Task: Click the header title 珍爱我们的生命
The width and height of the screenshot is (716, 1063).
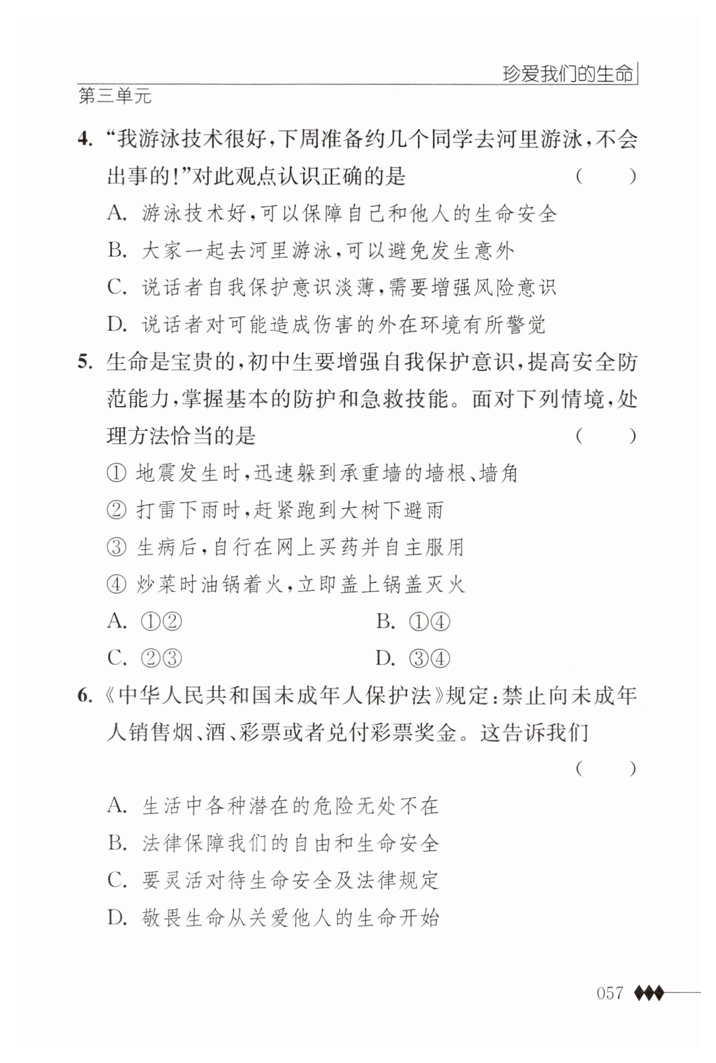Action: point(568,74)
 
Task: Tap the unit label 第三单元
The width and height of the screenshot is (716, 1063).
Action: point(115,97)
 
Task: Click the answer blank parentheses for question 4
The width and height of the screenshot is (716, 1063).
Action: point(606,177)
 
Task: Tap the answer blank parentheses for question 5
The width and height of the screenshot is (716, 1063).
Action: point(606,437)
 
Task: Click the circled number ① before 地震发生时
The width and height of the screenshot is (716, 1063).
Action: point(116,474)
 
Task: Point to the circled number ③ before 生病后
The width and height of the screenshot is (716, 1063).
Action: point(116,548)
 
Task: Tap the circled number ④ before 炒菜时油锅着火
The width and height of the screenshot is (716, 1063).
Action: point(116,585)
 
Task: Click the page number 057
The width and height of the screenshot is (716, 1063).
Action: point(610,993)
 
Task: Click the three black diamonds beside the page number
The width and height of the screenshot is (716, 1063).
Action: point(649,993)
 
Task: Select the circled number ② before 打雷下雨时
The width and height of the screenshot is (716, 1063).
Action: point(116,511)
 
